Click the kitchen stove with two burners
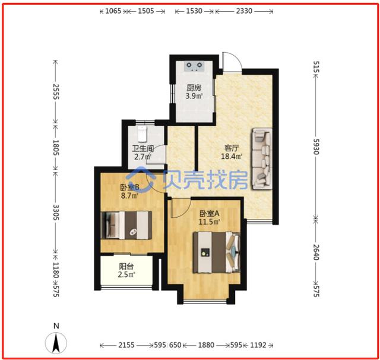pos(194,66)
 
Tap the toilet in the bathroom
pos(142,134)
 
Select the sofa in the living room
pos(262,158)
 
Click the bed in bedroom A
pos(216,253)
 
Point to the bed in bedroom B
pos(126,225)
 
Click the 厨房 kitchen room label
pos(194,87)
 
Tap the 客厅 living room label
pos(232,148)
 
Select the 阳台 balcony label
pos(126,266)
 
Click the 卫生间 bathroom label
pos(142,148)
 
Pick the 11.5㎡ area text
pos(210,222)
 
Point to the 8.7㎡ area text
pos(129,195)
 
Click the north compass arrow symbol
pos(56,343)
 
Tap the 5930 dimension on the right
pos(316,146)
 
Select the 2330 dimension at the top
pos(244,11)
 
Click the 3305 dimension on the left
pos(56,212)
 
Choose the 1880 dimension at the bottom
pos(206,345)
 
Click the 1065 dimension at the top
pos(113,11)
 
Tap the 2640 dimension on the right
pos(316,252)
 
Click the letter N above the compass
pos(56,326)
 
